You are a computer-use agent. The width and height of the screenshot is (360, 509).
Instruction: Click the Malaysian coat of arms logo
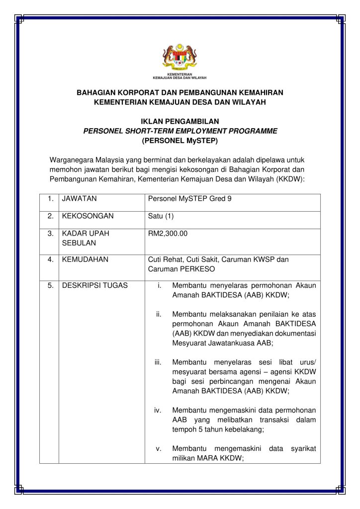[x=180, y=58]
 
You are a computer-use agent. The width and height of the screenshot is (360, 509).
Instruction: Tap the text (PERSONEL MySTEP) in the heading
[x=180, y=140]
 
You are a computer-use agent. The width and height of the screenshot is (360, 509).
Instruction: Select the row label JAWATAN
[x=79, y=199]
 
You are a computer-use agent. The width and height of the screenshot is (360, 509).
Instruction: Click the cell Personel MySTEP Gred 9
[x=190, y=199]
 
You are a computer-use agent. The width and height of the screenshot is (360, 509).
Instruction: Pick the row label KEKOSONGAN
[x=88, y=216]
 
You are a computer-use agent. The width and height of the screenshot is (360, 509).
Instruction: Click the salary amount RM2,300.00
[x=168, y=233]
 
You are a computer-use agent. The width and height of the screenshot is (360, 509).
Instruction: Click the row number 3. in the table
[x=50, y=233]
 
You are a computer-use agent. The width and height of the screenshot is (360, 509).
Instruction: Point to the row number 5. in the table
[x=50, y=285]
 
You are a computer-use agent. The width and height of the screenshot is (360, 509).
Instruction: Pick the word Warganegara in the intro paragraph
[x=72, y=160]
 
